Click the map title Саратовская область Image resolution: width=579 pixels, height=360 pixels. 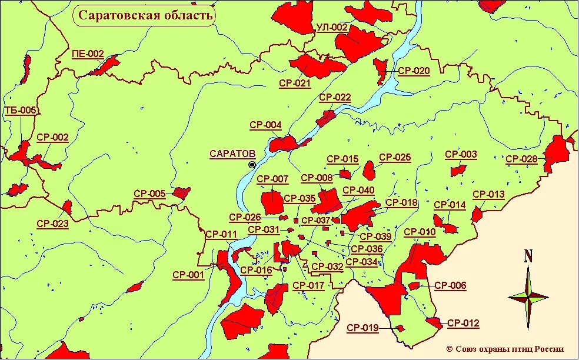(x=144, y=15)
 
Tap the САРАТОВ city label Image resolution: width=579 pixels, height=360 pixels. (x=232, y=154)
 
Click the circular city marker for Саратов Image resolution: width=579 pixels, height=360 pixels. (x=252, y=165)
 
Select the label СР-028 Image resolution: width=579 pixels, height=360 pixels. (x=521, y=159)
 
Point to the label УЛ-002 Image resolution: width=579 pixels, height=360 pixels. (x=332, y=27)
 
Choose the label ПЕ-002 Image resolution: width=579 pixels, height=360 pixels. (x=88, y=54)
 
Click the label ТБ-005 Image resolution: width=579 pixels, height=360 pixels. (x=20, y=110)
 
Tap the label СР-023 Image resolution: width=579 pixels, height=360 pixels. (x=52, y=224)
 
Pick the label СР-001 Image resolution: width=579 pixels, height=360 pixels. (x=188, y=274)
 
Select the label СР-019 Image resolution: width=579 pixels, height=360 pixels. (x=362, y=328)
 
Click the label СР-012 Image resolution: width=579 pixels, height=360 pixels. (x=463, y=323)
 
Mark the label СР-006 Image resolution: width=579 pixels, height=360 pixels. (x=450, y=286)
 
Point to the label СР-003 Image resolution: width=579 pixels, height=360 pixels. (x=461, y=155)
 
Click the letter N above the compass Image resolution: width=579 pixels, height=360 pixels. (x=528, y=256)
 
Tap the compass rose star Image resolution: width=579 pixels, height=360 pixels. (x=528, y=297)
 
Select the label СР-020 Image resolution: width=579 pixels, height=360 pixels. (x=414, y=71)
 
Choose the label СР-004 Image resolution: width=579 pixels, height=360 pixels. (x=265, y=125)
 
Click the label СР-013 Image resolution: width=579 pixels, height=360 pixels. (x=488, y=194)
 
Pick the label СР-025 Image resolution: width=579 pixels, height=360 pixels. (x=395, y=157)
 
